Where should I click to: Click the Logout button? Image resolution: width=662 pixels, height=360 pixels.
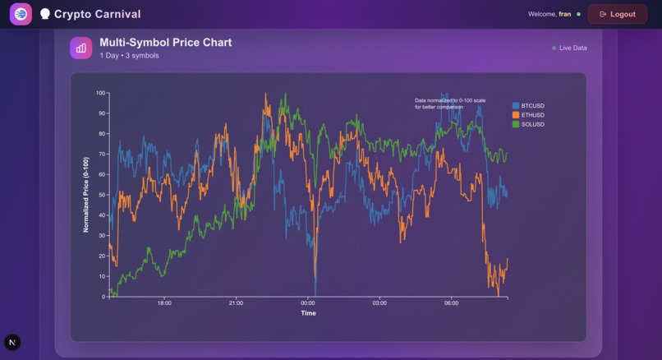pos(617,14)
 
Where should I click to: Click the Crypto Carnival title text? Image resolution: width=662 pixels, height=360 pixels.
pos(97,14)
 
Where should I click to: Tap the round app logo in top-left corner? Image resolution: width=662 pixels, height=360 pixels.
pos(21,14)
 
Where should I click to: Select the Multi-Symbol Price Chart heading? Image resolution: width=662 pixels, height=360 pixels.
pos(165,42)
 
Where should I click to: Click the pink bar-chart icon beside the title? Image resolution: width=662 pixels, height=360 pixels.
pos(80,48)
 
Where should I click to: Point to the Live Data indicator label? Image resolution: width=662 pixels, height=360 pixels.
pos(572,48)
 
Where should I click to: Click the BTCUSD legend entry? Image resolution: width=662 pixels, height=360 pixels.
pos(531,106)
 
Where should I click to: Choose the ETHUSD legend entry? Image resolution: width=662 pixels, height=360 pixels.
pos(531,115)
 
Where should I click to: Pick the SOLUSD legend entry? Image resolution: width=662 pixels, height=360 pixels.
pos(531,124)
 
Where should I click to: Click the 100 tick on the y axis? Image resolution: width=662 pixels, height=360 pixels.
pos(100,93)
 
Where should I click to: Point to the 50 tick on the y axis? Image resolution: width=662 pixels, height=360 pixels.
pos(102,195)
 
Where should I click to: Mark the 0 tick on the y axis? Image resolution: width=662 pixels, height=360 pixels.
pos(103,297)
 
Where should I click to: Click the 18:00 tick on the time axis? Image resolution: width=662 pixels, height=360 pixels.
pos(164,303)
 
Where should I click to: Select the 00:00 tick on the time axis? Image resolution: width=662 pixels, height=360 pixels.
pos(308,303)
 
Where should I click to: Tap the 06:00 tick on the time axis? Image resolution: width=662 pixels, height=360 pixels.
pos(452,303)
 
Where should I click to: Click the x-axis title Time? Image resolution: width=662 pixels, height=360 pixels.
pos(308,313)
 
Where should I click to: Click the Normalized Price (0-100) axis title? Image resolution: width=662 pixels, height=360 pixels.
pos(85,195)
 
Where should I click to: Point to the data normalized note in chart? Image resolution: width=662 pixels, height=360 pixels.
pos(450,104)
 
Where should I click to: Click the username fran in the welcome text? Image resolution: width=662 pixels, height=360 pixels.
pos(565,14)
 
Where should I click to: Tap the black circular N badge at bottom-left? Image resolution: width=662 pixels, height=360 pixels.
pos(12,343)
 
